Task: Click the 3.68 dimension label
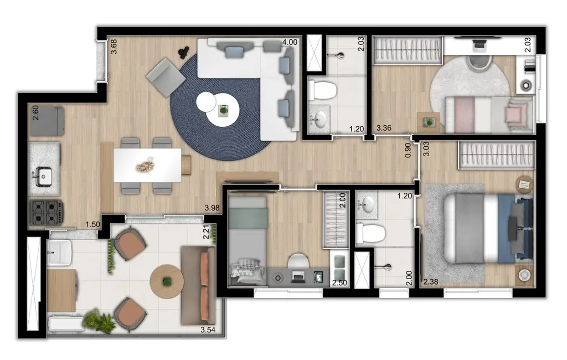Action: tap(114, 45)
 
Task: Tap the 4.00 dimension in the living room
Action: tap(289, 42)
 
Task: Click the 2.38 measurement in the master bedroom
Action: tap(430, 282)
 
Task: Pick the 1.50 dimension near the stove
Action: tap(93, 224)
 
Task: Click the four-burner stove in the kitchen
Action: tap(47, 211)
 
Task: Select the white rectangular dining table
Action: tap(147, 165)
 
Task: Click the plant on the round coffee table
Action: tap(223, 111)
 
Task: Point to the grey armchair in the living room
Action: tap(166, 77)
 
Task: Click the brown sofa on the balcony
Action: tap(199, 285)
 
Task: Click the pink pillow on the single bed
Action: tap(514, 114)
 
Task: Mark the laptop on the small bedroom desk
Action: tap(298, 275)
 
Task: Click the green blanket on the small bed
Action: tap(248, 219)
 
